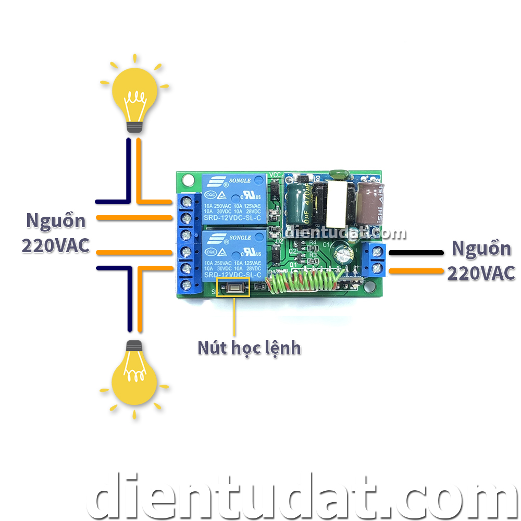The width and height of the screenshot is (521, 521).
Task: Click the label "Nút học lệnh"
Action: pyautogui.click(x=249, y=348)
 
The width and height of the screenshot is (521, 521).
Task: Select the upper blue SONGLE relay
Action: pyautogui.click(x=235, y=198)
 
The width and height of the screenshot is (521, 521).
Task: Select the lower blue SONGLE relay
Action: pyautogui.click(x=236, y=255)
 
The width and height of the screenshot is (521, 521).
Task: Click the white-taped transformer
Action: pyautogui.click(x=337, y=201)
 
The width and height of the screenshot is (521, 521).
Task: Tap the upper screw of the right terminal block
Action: pyautogui.click(x=379, y=252)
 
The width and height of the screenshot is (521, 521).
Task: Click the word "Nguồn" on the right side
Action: pyautogui.click(x=481, y=248)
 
